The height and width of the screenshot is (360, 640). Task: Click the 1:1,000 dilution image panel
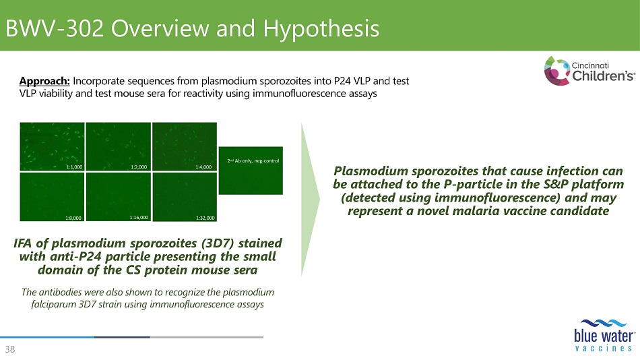coord(53,146)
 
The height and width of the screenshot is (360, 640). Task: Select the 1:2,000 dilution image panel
coord(119,146)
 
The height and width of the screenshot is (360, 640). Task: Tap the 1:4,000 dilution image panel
coord(185,146)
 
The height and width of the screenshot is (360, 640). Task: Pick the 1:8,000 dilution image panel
coord(53,197)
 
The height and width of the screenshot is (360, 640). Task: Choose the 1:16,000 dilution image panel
coord(119,197)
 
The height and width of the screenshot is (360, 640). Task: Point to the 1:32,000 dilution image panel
coord(185,197)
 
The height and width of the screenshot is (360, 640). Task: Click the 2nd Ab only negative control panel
coord(251,171)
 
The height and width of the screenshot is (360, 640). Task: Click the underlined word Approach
coord(44,82)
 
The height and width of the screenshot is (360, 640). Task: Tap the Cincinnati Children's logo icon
coord(556,71)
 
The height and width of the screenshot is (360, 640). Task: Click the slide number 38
coord(10,349)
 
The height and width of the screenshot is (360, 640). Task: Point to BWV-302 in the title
coord(55,28)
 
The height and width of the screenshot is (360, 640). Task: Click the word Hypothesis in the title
coord(321,29)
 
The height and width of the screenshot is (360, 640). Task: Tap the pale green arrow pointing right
coord(310,200)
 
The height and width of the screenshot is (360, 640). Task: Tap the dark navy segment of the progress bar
coord(122,337)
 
